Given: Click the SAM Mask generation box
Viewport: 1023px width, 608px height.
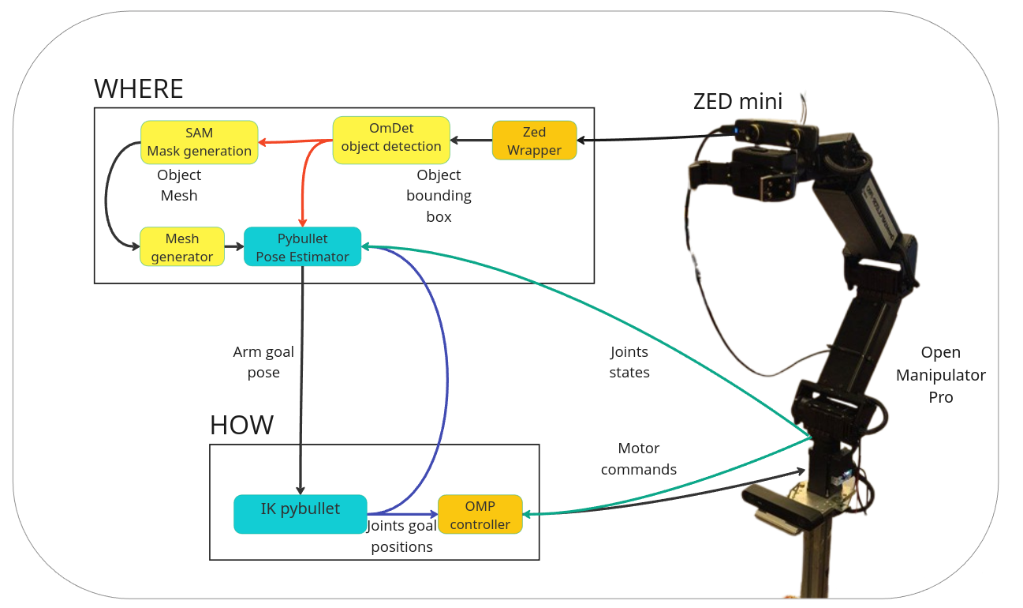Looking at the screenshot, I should (199, 142).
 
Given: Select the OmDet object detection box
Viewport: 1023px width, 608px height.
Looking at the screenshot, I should (391, 140).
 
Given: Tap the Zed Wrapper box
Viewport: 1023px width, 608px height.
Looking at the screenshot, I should (534, 141).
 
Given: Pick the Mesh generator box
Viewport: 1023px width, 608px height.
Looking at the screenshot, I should (182, 247).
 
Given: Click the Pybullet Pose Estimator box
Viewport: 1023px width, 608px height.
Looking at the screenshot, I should (302, 247).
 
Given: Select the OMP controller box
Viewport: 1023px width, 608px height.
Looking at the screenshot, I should (480, 514).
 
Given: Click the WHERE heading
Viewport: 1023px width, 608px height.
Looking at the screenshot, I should (139, 88).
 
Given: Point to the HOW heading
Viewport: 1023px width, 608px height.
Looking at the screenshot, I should (241, 425).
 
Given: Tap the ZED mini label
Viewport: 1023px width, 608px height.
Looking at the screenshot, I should (737, 101).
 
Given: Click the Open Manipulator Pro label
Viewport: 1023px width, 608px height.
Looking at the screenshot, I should (940, 375).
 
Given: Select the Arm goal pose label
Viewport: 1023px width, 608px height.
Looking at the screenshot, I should (263, 362).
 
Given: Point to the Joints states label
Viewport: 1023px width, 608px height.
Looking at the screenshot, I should (629, 362).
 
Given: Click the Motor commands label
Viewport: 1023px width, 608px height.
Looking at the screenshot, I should (638, 459).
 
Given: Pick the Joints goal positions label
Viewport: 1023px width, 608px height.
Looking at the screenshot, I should (401, 536).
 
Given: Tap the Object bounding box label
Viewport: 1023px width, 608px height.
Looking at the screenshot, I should (439, 196).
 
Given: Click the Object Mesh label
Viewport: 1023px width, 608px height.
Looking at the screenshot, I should (179, 185).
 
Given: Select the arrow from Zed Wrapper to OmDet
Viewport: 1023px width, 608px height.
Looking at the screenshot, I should (471, 141).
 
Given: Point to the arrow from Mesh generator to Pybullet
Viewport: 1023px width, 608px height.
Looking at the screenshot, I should (234, 246).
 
